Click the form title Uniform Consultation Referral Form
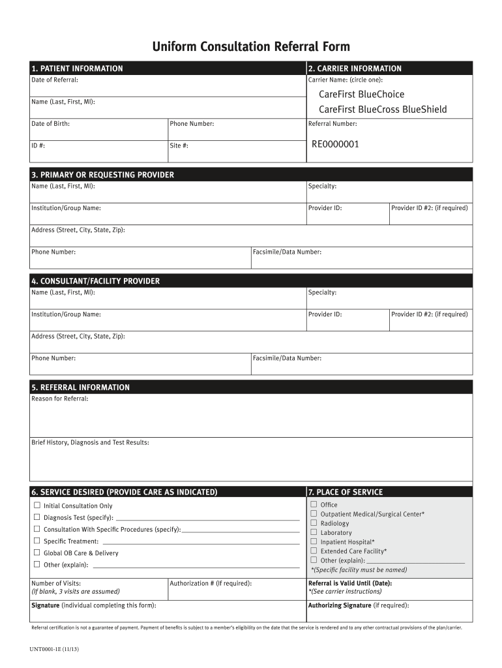pos(251,46)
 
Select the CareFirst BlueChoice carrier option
pos(361,95)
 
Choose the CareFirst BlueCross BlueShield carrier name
pos(383,110)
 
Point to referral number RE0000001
pos(335,144)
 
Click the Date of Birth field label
pos(51,124)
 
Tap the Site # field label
pos(179,145)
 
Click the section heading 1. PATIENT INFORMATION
pos(77,68)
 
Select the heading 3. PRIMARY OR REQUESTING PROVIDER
pos(102,175)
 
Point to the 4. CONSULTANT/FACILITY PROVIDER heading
pos(95,281)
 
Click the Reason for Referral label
pos(60,399)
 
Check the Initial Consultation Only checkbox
pos(37,506)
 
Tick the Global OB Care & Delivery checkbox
pos(37,553)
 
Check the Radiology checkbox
pos(314,523)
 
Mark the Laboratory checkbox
pos(314,532)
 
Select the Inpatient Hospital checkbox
pos(314,541)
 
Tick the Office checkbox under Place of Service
pos(314,504)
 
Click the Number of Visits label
pos(56,583)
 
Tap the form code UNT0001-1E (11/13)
pos(55,650)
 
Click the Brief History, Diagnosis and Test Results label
pos(90,442)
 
